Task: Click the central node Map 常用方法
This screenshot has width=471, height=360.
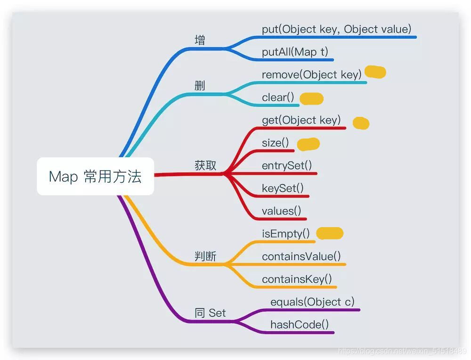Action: tap(95, 177)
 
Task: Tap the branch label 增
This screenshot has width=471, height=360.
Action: tap(200, 40)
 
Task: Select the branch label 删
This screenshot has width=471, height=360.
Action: tap(200, 86)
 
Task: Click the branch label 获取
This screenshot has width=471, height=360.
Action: tap(205, 165)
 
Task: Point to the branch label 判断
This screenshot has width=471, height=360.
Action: tap(205, 256)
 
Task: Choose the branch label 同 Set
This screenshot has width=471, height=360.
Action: tap(210, 313)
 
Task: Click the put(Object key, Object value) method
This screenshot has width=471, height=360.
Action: tap(337, 29)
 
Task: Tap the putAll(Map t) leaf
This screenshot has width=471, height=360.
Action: tap(295, 52)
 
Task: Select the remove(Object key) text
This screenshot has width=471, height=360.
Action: tap(312, 74)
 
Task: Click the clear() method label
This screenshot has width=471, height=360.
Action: tap(278, 98)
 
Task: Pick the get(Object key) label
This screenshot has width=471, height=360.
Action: tap(301, 120)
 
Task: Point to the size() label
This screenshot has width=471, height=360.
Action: tap(276, 143)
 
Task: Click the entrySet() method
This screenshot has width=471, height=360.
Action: tap(287, 165)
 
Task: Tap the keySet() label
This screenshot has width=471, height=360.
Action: tap(283, 188)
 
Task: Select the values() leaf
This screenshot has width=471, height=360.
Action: tap(282, 211)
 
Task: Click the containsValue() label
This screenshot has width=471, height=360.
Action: tap(301, 256)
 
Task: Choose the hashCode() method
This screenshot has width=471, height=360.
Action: tap(300, 324)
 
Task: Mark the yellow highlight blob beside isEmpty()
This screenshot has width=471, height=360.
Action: tap(330, 233)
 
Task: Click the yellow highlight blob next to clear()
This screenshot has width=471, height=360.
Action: tap(312, 98)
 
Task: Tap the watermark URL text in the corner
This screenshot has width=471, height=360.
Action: tap(403, 351)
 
